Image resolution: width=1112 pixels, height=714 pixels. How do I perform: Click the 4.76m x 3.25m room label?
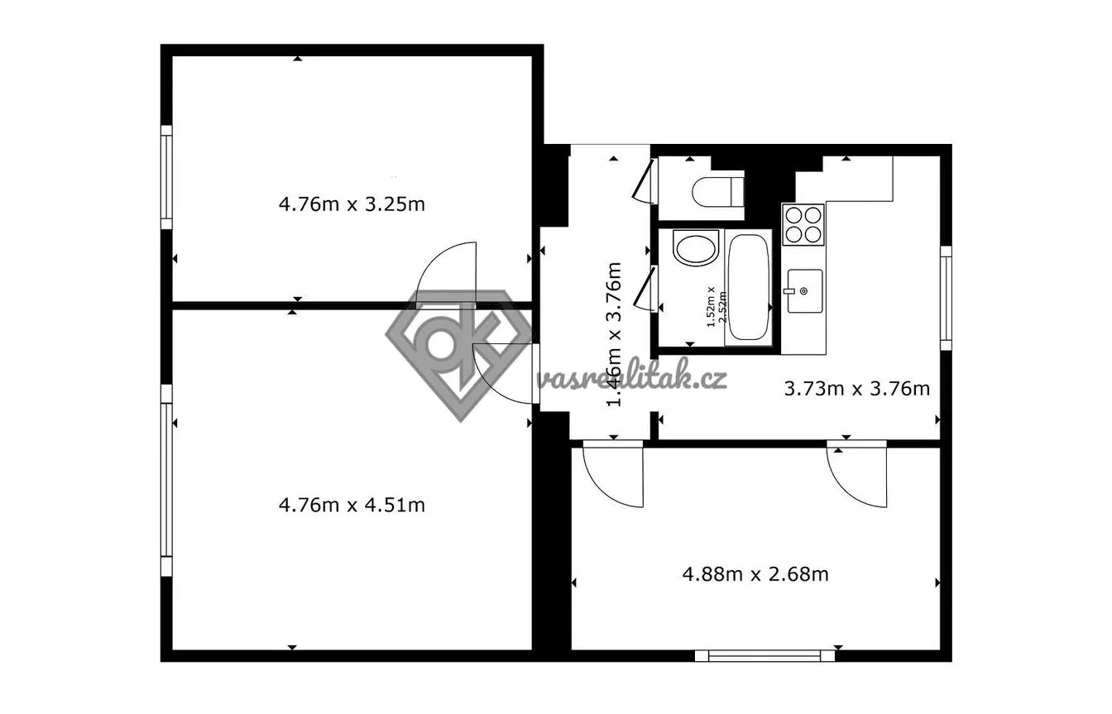[352, 204]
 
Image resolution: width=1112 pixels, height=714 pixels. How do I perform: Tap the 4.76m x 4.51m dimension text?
[352, 506]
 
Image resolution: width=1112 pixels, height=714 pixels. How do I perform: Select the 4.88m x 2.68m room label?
[755, 574]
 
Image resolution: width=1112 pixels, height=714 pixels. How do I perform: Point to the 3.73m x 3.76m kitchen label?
[857, 388]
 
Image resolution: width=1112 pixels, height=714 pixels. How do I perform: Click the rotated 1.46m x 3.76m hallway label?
[614, 334]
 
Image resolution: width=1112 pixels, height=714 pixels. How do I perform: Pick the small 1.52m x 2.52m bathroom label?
[717, 306]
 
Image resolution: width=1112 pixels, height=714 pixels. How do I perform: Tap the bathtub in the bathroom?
[749, 287]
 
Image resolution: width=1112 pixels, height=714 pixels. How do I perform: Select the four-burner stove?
[803, 224]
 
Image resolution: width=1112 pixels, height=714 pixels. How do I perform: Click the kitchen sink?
[804, 291]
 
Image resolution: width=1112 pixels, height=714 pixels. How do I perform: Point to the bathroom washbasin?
[696, 247]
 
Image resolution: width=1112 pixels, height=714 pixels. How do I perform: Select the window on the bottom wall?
[764, 655]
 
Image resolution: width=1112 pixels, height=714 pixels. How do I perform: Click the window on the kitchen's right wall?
[947, 298]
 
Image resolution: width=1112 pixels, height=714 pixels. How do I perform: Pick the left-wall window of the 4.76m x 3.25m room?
[166, 177]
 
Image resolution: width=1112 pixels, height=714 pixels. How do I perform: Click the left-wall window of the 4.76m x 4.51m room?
[166, 480]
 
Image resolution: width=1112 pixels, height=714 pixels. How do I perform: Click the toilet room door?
[645, 181]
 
